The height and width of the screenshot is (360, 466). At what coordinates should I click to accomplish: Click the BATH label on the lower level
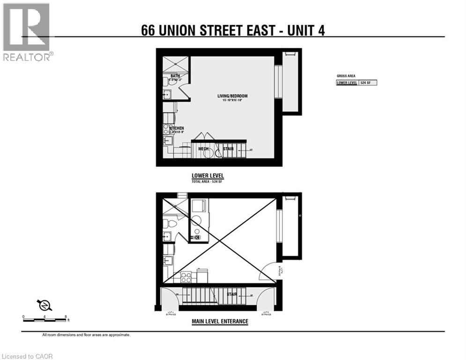point(175,76)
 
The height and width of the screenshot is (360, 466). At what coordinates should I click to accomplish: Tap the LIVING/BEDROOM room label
point(232,96)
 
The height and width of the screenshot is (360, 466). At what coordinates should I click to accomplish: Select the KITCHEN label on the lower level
point(177,128)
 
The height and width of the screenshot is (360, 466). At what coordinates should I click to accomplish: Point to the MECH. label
point(203,149)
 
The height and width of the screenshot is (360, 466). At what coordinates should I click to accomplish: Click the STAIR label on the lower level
point(228,149)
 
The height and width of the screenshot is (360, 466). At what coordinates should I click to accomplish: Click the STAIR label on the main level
point(232,294)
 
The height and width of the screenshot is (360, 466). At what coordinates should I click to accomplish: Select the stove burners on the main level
point(186,277)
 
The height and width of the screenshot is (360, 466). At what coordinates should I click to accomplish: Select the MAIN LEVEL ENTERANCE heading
point(220,322)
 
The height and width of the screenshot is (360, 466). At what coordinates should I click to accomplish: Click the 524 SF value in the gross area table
point(368,83)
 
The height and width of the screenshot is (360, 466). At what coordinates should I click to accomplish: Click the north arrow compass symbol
point(45,305)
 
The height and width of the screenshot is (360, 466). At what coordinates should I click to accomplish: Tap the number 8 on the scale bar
point(67,317)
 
